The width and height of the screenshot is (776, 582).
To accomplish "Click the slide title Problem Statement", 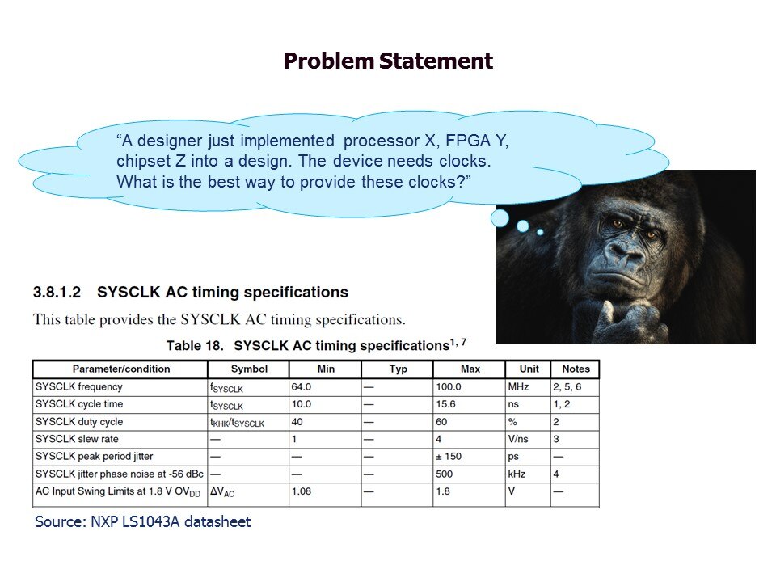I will (388, 61).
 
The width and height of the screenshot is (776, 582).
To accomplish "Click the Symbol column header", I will (248, 369).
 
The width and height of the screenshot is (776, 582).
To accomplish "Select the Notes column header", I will (575, 369).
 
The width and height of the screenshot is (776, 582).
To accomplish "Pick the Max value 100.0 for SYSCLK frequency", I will (449, 387).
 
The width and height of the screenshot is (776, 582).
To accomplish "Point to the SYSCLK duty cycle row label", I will (79, 422).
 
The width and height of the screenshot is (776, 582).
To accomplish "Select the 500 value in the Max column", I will (445, 474).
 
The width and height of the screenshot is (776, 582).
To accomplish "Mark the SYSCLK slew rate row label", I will (77, 440).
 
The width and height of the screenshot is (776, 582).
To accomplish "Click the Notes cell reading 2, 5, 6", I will (567, 387).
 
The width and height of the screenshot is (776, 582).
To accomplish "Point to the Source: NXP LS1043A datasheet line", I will (143, 522).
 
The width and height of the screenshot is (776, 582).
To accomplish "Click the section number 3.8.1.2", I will (58, 293).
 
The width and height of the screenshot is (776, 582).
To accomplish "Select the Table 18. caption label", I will (195, 346).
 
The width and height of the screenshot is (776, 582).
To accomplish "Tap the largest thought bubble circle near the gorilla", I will (500, 218).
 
